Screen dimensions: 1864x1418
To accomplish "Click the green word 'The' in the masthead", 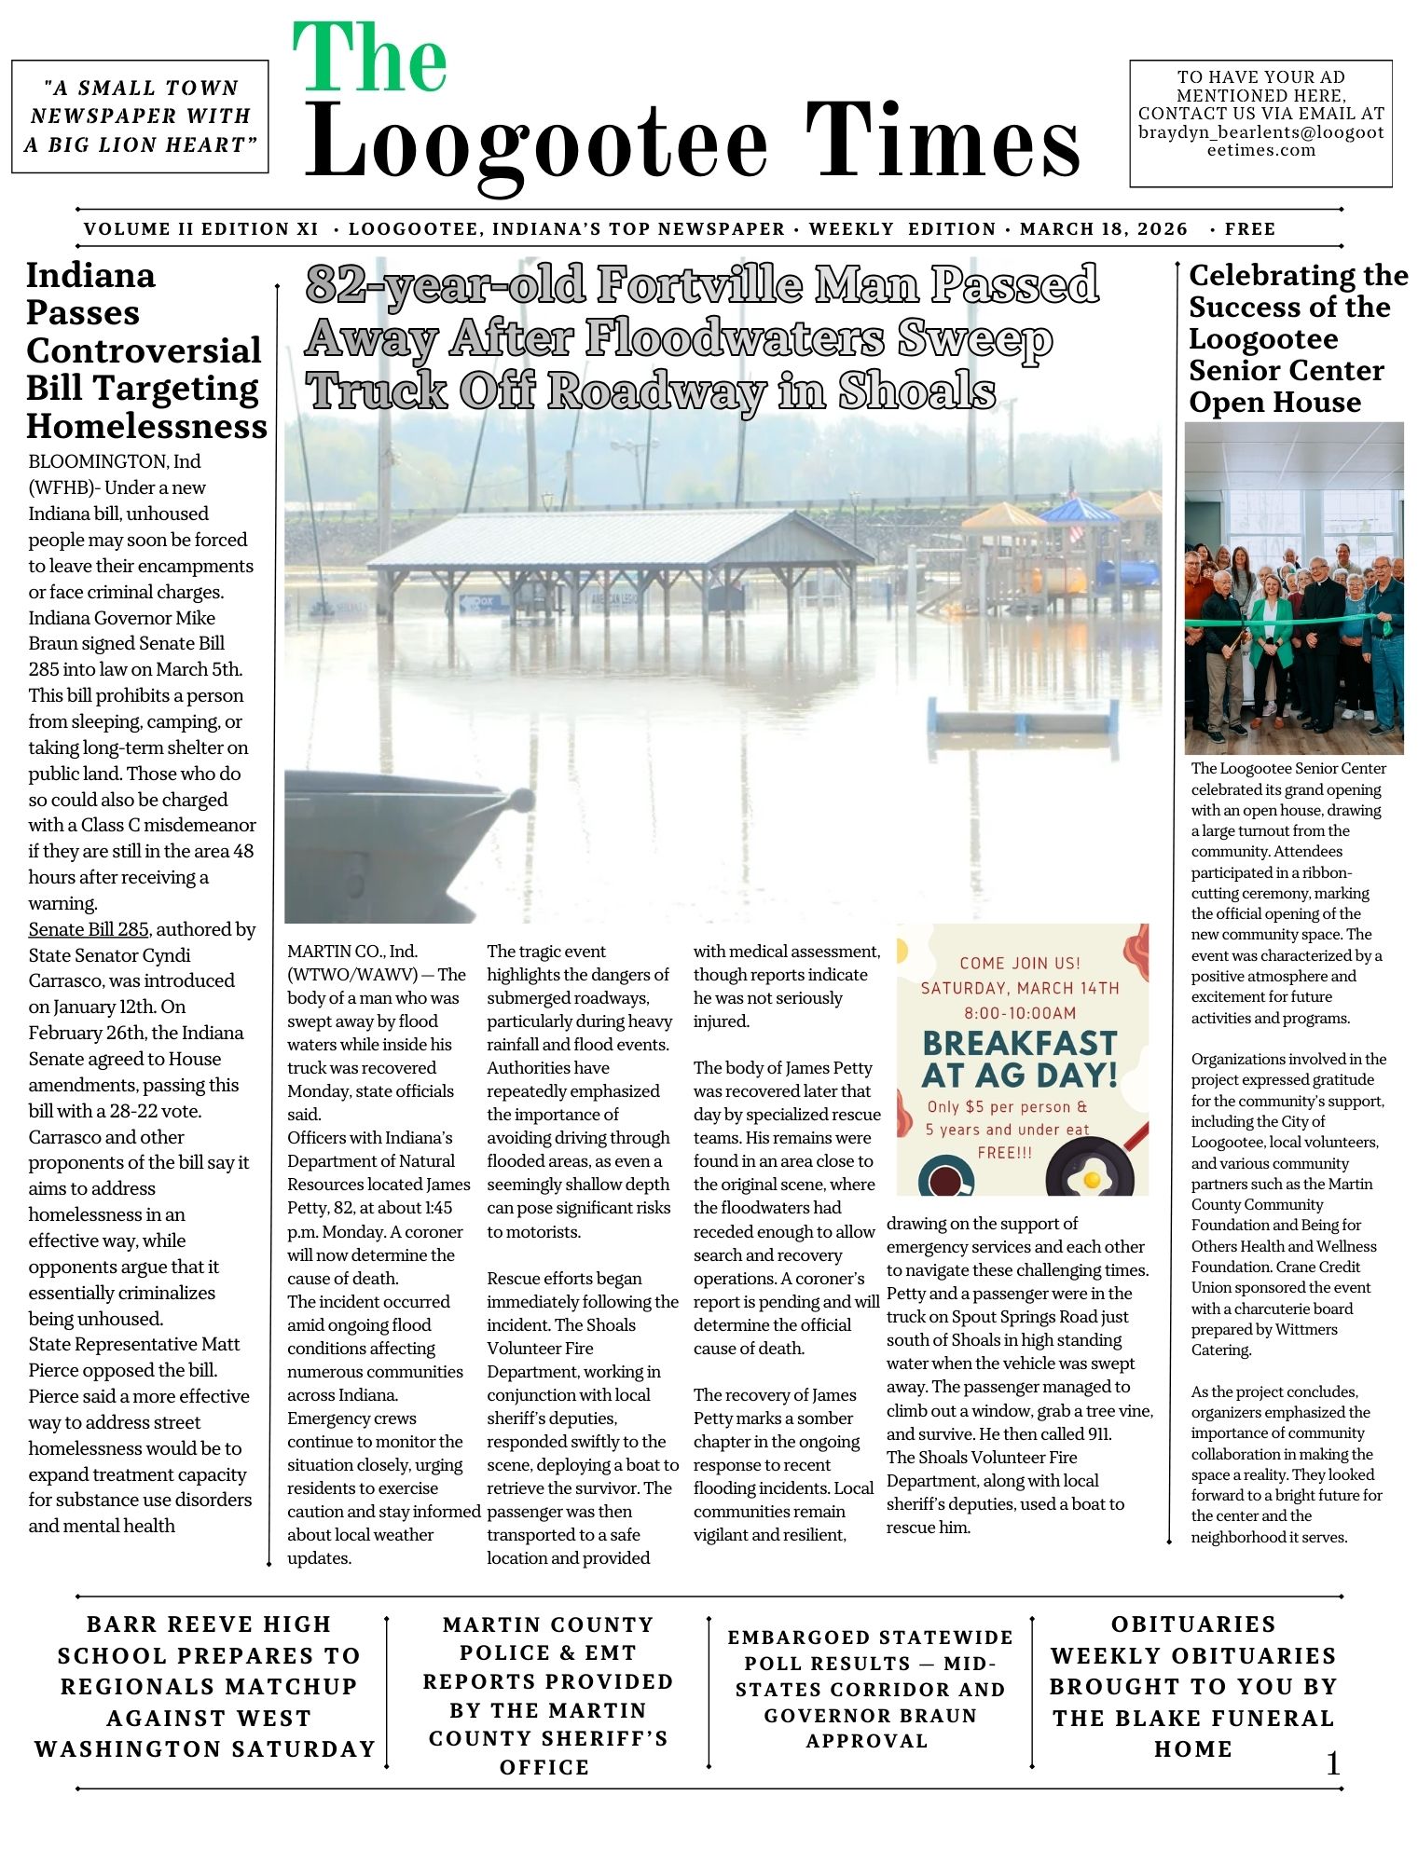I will coord(370,58).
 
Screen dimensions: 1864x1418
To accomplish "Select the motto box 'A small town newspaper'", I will coord(140,116).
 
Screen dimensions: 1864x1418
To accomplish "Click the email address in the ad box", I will coord(1260,141).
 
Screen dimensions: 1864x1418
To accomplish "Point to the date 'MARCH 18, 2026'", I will coord(1104,229).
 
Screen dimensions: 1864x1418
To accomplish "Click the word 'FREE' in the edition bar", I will coord(1250,229).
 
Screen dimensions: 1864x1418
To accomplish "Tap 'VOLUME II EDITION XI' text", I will coord(201,229).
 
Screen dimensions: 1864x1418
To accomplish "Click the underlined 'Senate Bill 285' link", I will coord(89,929).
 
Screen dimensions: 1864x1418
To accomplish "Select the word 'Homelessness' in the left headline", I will coord(146,426).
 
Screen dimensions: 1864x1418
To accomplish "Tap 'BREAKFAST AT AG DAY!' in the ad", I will coord(1020,1059).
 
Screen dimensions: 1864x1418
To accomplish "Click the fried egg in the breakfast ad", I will coord(1088,1179).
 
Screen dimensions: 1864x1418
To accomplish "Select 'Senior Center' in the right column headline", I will coord(1287,371).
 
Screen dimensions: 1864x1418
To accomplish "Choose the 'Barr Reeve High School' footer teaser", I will coord(206,1687).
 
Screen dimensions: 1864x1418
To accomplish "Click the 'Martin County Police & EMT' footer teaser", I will coord(547,1695).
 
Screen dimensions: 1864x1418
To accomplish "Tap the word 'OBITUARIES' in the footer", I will coord(1193,1624).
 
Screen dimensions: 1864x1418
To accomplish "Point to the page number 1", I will coord(1333,1763).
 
